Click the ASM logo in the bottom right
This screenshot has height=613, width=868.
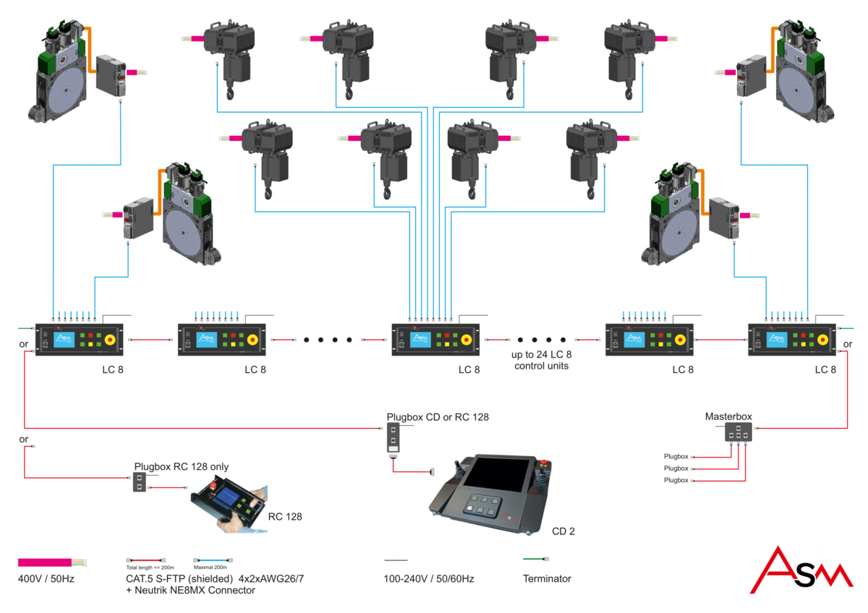[x=809, y=570]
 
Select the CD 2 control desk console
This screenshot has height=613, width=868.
[x=493, y=494]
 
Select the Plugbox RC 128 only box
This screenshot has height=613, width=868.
[x=139, y=482]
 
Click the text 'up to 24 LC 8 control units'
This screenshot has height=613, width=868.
[x=541, y=360]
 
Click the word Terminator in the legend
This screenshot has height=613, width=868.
[x=547, y=578]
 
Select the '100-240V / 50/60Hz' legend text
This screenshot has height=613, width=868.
[x=428, y=578]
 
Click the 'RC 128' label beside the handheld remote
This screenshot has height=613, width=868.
[x=284, y=517]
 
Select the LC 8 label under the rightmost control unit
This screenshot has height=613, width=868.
[x=825, y=369]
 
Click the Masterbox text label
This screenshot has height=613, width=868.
[x=728, y=416]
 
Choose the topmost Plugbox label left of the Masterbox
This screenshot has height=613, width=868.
[x=676, y=457]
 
